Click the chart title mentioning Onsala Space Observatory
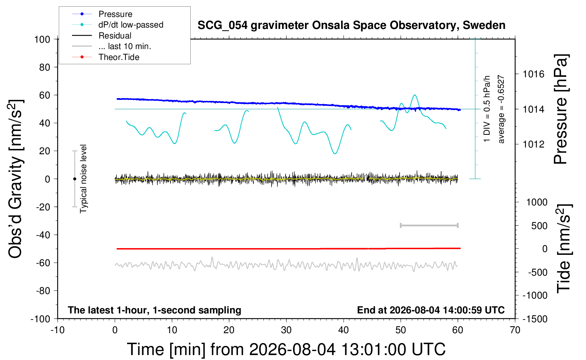pyautogui.click(x=351, y=25)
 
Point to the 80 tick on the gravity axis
pyautogui.click(x=44, y=67)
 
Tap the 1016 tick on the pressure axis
pyautogui.click(x=533, y=74)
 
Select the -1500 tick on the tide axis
pyautogui.click(x=535, y=319)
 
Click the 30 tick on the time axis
pyautogui.click(x=286, y=330)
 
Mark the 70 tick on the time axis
pyautogui.click(x=515, y=330)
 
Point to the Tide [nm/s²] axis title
pyautogui.click(x=564, y=248)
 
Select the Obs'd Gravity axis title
pyautogui.click(x=16, y=179)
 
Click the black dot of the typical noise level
pyautogui.click(x=74, y=179)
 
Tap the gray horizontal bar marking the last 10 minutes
pyautogui.click(x=429, y=225)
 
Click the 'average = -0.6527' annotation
pyautogui.click(x=501, y=109)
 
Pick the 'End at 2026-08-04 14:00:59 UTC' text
pyautogui.click(x=431, y=310)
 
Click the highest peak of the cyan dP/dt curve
pyautogui.click(x=415, y=95)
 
